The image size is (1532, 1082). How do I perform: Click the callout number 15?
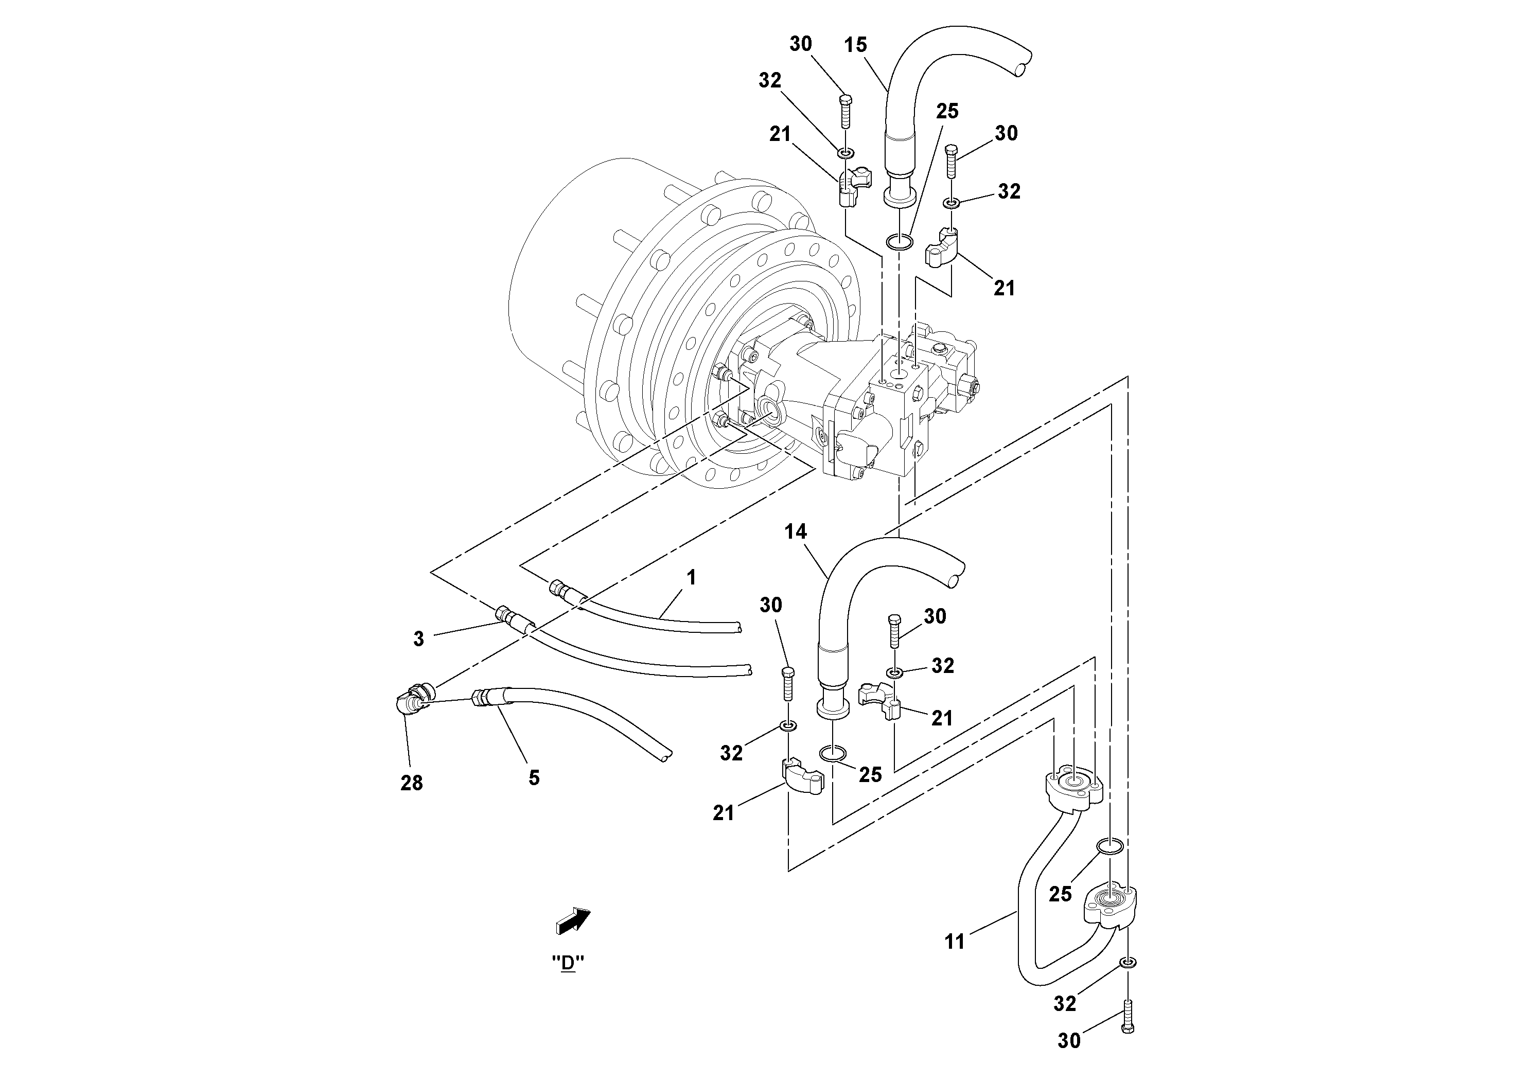click(x=855, y=45)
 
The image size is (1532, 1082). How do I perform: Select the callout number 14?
click(x=796, y=531)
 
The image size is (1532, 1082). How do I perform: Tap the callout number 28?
click(x=411, y=783)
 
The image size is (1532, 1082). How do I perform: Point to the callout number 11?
click(x=954, y=942)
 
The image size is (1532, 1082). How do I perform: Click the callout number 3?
click(x=418, y=639)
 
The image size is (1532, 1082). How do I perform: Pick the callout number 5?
click(x=534, y=778)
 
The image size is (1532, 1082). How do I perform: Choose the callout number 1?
click(x=691, y=578)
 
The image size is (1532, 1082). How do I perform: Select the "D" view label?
click(x=568, y=963)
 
